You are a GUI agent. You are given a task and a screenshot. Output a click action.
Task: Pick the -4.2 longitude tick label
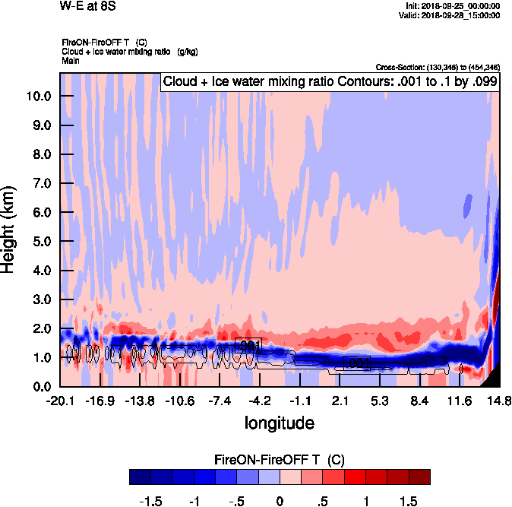point(261,401)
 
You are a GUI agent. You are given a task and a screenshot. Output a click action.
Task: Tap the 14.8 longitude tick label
point(499,401)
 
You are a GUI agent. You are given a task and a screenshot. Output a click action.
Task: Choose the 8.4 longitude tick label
point(419,401)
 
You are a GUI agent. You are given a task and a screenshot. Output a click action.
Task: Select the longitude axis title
point(280,423)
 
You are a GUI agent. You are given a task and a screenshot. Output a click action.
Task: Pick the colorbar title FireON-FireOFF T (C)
point(280,460)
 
